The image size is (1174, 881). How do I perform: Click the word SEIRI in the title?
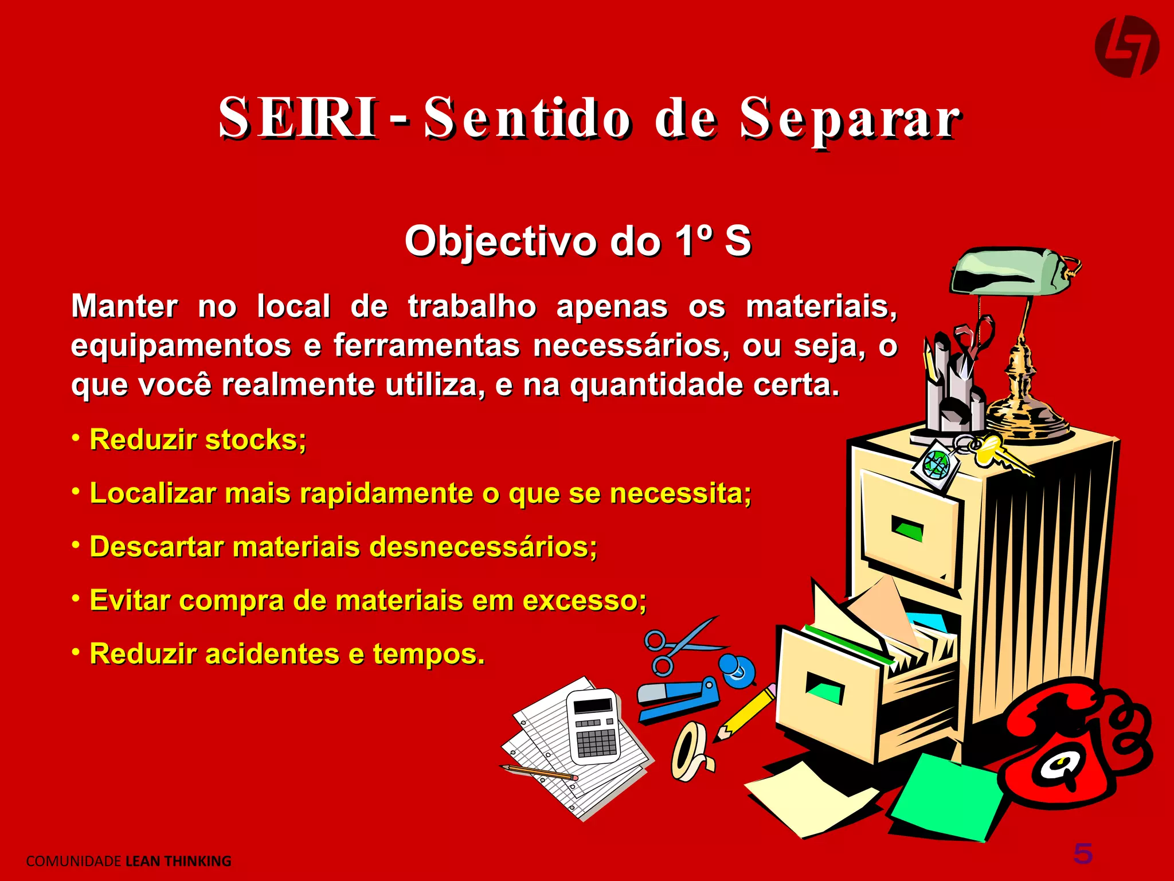pos(298,118)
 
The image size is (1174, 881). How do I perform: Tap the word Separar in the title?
pos(850,119)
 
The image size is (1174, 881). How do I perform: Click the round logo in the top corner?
pos(1126,46)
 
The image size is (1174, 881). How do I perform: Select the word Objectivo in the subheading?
pos(502,241)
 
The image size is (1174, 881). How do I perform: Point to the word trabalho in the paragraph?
pos(472,306)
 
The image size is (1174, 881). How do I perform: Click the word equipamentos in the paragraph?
pos(181,346)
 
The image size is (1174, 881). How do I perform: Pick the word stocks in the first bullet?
pos(255,440)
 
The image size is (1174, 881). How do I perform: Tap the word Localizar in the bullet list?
pos(152,493)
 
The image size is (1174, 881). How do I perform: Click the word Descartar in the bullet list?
pos(156,547)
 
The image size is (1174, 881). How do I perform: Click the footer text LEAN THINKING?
pos(178,861)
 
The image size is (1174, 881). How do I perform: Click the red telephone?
pos(1072,746)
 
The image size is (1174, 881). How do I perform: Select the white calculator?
pos(593,726)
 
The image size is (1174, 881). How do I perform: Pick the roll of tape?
pos(691,751)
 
